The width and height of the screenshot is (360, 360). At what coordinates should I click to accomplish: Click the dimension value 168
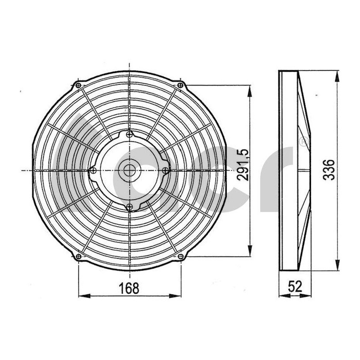(x=130, y=287)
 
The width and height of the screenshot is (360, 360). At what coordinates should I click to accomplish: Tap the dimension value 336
(x=330, y=169)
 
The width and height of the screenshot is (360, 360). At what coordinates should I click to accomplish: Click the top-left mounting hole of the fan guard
(x=79, y=85)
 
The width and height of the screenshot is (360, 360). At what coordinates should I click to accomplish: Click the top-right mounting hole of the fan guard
(x=180, y=85)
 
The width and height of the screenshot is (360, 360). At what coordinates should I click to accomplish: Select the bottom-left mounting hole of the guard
(x=79, y=256)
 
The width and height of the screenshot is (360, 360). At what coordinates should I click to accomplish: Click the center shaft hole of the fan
(x=130, y=170)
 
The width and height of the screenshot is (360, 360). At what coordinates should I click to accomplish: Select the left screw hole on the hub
(x=93, y=170)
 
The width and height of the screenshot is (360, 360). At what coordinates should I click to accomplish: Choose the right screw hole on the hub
(x=165, y=170)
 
